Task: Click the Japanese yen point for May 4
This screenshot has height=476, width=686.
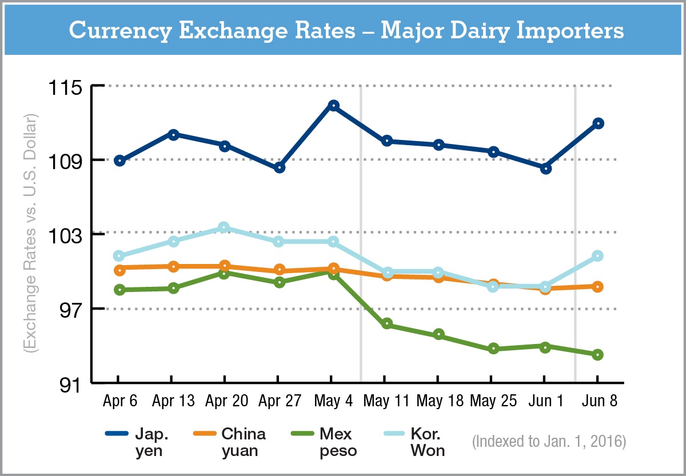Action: [x=333, y=106]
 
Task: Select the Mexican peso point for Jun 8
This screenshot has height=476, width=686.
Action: [x=598, y=355]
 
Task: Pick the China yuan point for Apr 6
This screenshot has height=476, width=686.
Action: [x=119, y=270]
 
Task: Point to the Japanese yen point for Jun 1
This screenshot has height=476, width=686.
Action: [x=545, y=169]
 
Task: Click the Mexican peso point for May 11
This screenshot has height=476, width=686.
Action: [x=386, y=325]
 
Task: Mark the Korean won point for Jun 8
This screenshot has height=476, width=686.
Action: [x=598, y=255]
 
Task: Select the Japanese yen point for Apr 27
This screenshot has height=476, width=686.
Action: [x=279, y=167]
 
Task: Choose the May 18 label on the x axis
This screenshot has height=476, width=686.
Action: [x=439, y=401]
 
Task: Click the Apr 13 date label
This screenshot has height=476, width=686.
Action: [x=173, y=401]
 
